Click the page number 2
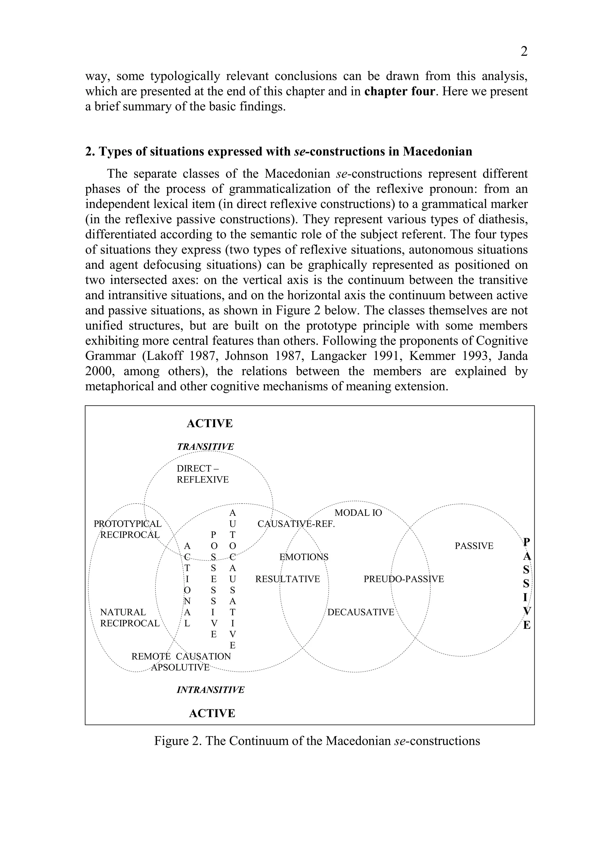pos(524,51)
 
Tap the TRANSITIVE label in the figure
pos(205,447)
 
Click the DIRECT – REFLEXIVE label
pos(202,474)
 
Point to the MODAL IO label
pos(358,513)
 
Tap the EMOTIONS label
pos(304,557)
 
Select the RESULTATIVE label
pos(287,579)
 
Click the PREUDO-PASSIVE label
pos(403,579)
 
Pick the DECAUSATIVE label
pos(360,612)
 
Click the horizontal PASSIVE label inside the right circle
pos(474,546)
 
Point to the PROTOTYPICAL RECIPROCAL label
pos(128,529)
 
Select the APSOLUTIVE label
pos(180,667)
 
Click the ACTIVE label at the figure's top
pos(210,424)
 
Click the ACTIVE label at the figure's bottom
pos(212,713)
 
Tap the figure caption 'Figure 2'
pos(317,741)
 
